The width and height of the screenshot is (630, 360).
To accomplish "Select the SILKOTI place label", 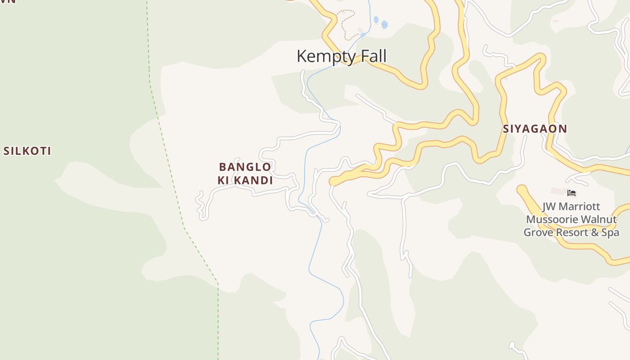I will point(27,151).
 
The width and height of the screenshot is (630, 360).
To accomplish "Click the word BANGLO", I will point(245,167).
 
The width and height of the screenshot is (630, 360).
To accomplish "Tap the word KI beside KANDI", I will point(223,181).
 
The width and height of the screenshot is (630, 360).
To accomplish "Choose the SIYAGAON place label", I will point(535,129).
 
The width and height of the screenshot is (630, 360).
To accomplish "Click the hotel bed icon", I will point(571,193).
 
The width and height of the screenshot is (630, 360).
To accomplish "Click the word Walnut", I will point(599,220).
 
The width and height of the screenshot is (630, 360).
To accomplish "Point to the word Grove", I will point(539,233).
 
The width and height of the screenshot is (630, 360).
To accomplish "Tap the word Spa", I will point(610,233).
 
